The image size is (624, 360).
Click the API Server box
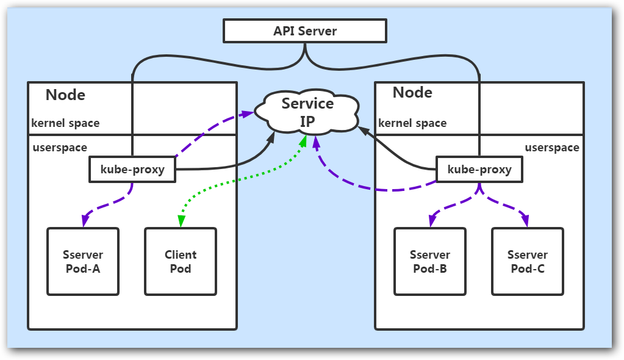[x=305, y=31]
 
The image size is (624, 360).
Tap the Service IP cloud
[x=307, y=112]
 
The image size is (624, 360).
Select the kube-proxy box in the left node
[x=132, y=170]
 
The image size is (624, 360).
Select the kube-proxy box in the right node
[x=479, y=170]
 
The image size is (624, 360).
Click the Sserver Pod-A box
[x=83, y=262]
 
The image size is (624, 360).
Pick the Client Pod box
[x=181, y=262]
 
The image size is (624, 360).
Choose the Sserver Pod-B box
[x=430, y=262]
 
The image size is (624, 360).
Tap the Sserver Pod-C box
[x=528, y=262]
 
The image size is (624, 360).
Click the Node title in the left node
[x=66, y=95]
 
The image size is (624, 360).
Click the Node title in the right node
[x=412, y=93]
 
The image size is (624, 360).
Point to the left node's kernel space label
[x=65, y=123]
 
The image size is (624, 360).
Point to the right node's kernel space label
[x=412, y=123]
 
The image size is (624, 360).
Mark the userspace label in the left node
[x=59, y=148]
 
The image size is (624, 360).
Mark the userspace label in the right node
[x=552, y=148]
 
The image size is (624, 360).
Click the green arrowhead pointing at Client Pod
[x=180, y=223]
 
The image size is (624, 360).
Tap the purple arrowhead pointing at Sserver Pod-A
[x=84, y=220]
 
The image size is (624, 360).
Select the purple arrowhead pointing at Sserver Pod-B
[x=432, y=221]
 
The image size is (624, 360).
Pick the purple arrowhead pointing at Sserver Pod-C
[x=526, y=221]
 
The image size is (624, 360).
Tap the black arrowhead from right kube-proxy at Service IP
[x=363, y=130]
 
